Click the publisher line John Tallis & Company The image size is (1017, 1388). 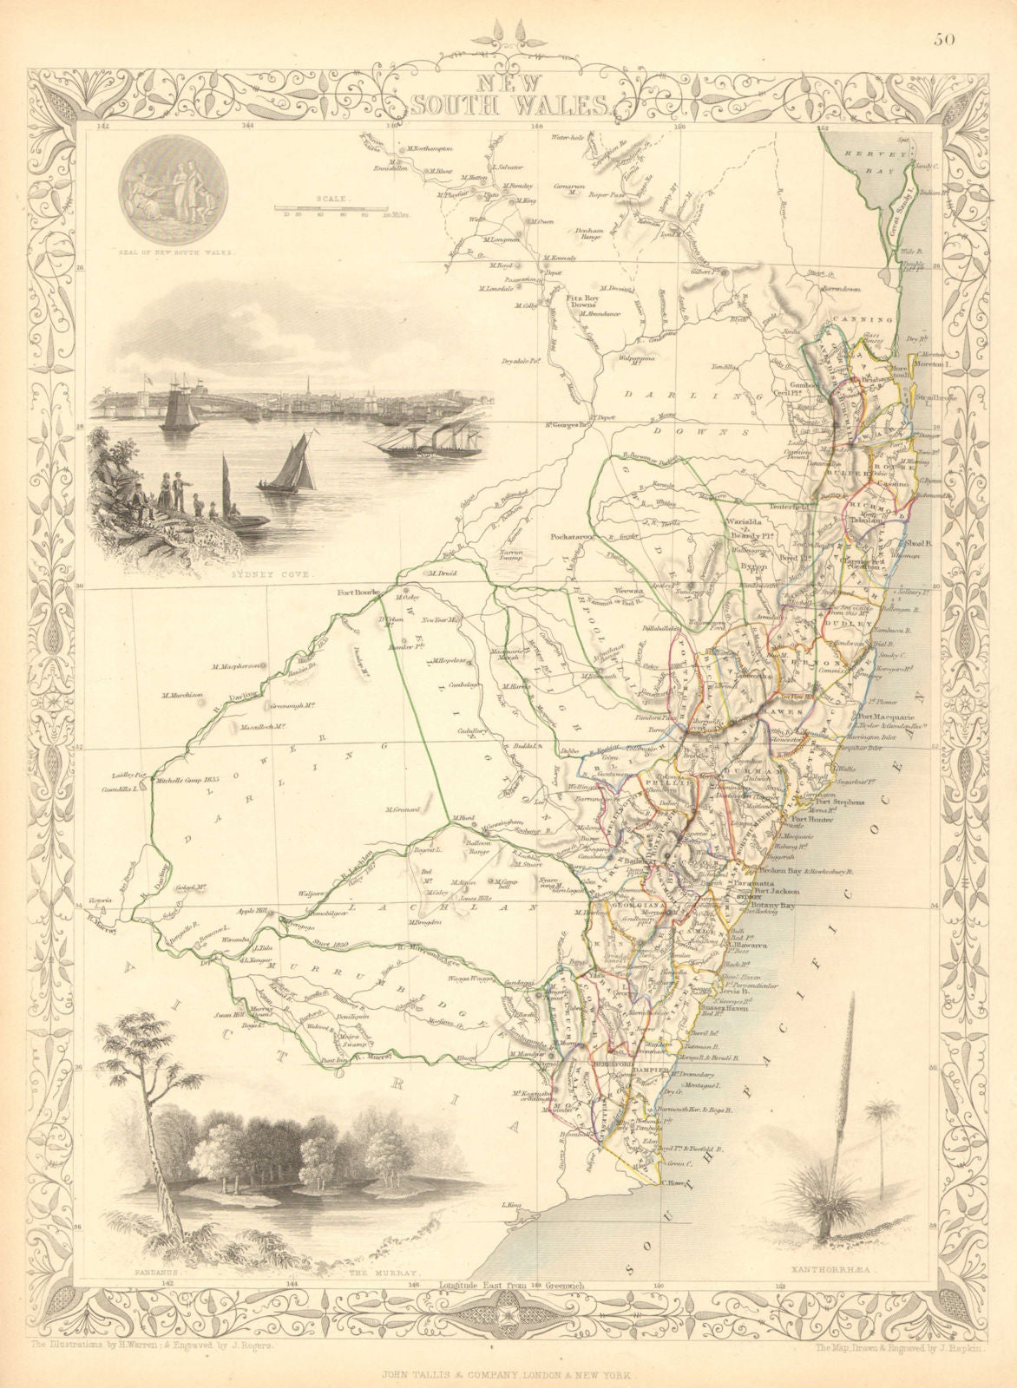pyautogui.click(x=508, y=1376)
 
